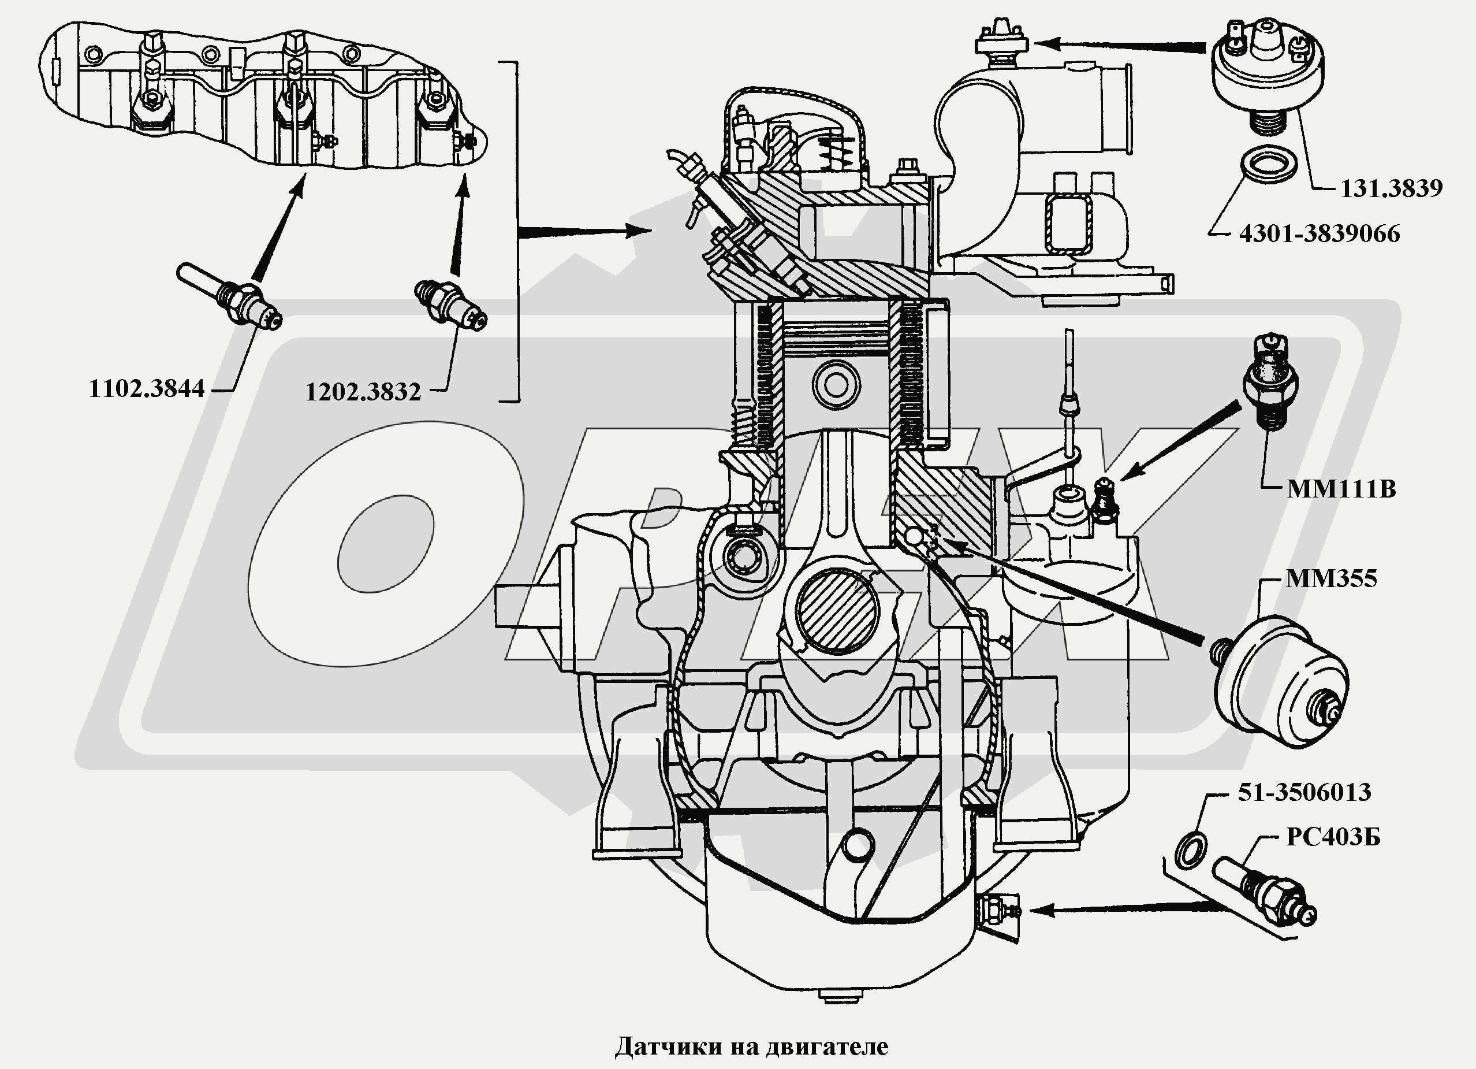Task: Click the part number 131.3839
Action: (x=1391, y=189)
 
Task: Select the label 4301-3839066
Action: (x=1319, y=233)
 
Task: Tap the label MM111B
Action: (x=1341, y=489)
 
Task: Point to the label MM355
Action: (x=1332, y=578)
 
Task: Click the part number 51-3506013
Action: (x=1304, y=792)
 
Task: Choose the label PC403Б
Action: (x=1333, y=837)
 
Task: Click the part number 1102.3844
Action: (x=147, y=389)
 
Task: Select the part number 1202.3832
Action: (x=363, y=392)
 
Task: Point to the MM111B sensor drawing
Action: (x=1270, y=383)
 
